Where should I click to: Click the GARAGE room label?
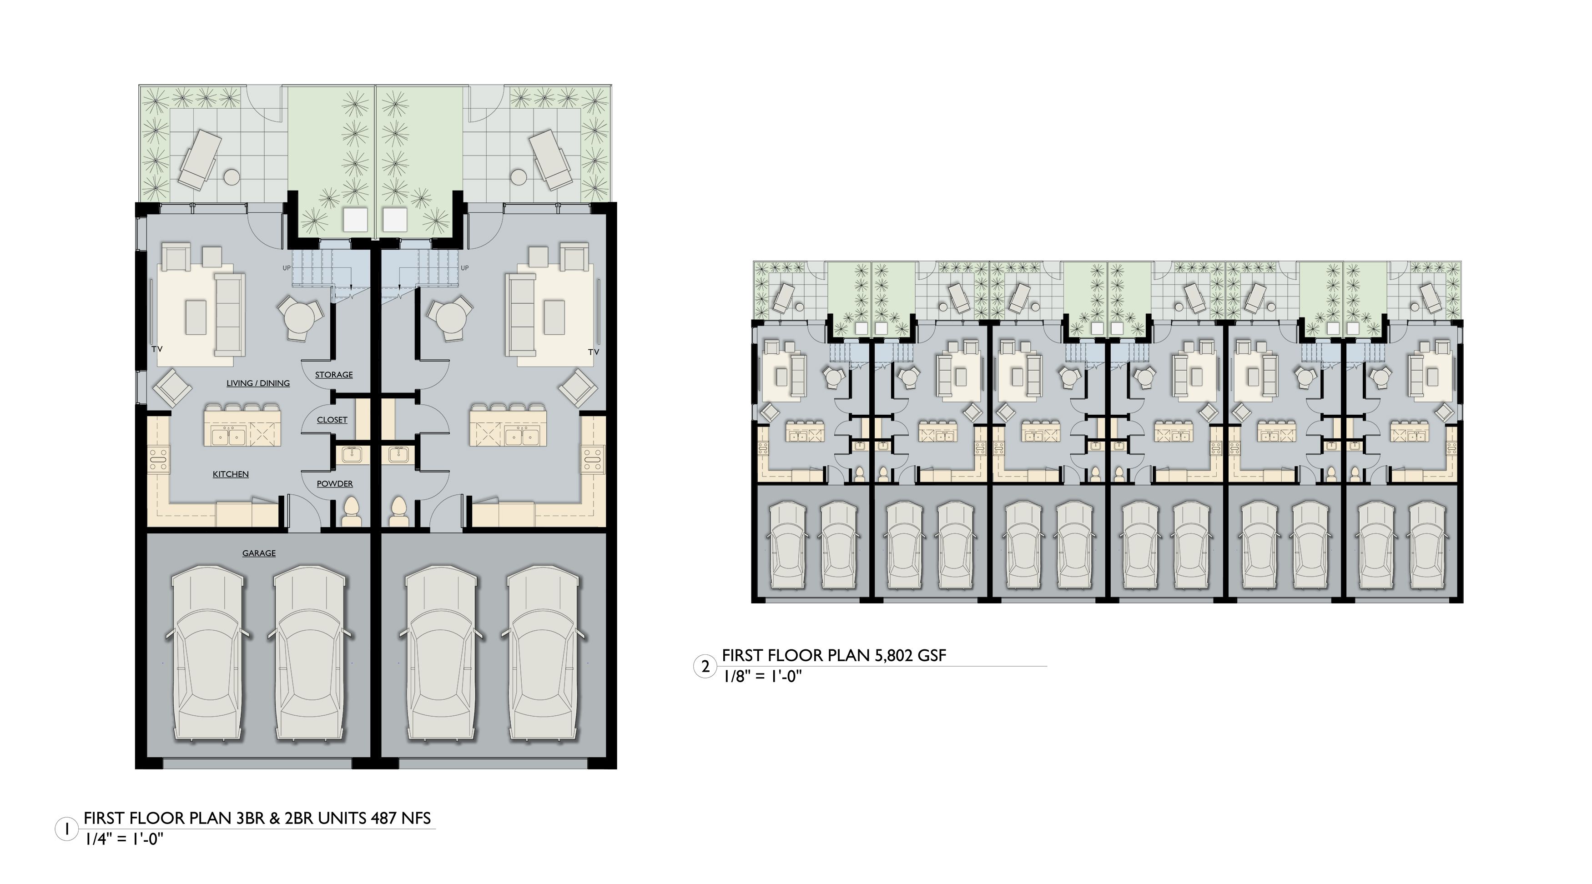coord(258,553)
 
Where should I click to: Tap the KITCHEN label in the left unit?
coord(231,474)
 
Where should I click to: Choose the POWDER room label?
coord(334,484)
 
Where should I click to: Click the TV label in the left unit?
coord(157,350)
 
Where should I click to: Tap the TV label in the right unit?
coord(593,352)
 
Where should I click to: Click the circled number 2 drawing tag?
coord(705,667)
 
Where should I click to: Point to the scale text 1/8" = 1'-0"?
coord(761,677)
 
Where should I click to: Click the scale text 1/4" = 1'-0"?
coord(124,839)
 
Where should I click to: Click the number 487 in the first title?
coord(384,819)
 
